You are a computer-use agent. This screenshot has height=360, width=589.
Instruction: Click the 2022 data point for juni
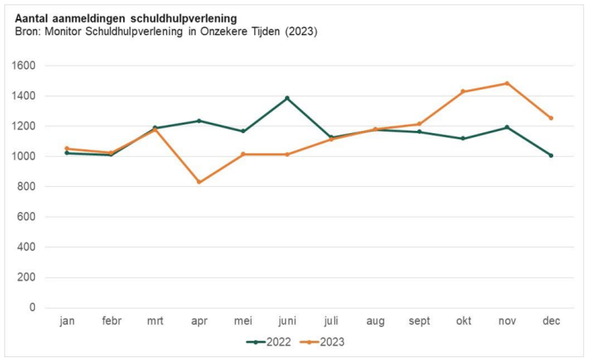287,98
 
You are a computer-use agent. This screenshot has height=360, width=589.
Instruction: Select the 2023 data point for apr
199,182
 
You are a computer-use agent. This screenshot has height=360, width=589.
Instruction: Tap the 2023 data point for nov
507,83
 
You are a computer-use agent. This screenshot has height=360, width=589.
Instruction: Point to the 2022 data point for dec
551,155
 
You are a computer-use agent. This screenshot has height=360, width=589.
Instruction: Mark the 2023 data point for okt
463,92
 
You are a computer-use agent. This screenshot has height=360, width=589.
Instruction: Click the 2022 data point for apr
199,120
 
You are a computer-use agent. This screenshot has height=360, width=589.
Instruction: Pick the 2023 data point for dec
551,118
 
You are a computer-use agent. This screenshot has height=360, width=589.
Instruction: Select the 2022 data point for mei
243,131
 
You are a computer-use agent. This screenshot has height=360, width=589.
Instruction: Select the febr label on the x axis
111,321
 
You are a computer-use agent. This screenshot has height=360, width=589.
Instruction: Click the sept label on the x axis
419,321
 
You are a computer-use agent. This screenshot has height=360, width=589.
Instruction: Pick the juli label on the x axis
331,321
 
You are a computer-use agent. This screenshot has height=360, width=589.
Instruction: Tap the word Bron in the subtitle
26,32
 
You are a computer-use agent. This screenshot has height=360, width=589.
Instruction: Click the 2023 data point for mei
243,154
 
